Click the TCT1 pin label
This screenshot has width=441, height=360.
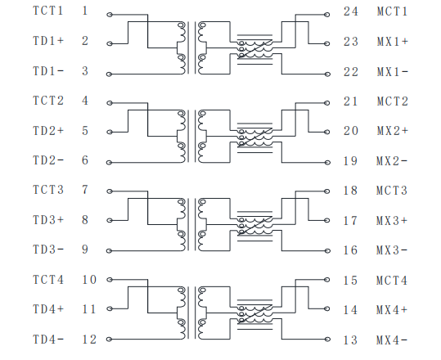pyautogui.click(x=48, y=11)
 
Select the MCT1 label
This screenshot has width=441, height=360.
pyautogui.click(x=392, y=11)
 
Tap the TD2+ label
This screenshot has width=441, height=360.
pyautogui.click(x=48, y=131)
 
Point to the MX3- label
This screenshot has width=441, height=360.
pyautogui.click(x=392, y=250)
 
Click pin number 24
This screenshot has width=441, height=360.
pyautogui.click(x=351, y=11)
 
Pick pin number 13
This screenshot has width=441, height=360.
pyautogui.click(x=350, y=340)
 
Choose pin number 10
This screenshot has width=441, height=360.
pyautogui.click(x=89, y=280)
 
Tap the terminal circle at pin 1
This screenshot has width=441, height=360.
pyautogui.click(x=110, y=15)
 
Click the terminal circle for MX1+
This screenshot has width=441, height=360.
pyautogui.click(x=326, y=43)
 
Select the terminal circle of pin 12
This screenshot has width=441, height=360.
pyautogui.click(x=110, y=340)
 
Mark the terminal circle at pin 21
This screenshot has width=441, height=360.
pyautogui.click(x=326, y=103)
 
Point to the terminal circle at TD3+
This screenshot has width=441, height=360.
pyautogui.click(x=110, y=220)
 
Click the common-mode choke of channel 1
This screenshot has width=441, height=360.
pyautogui.click(x=255, y=49)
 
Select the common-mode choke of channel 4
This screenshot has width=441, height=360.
pyautogui.click(x=255, y=314)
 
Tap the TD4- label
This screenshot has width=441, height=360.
pyautogui.click(x=48, y=340)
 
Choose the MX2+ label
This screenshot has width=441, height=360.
pyautogui.click(x=393, y=131)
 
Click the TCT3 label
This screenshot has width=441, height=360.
pyautogui.click(x=48, y=190)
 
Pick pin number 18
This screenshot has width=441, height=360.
pyautogui.click(x=350, y=191)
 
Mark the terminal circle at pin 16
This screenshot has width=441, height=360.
pyautogui.click(x=326, y=250)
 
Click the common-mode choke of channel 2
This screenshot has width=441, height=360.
pyautogui.click(x=255, y=137)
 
